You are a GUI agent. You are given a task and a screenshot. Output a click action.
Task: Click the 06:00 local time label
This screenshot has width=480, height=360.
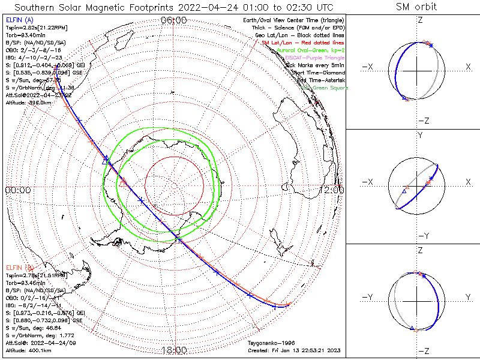click(x=174, y=20)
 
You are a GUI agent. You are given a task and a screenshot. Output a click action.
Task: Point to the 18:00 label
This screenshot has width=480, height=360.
click(x=174, y=350)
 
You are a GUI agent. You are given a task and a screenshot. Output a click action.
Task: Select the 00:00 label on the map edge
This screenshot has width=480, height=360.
click(x=17, y=190)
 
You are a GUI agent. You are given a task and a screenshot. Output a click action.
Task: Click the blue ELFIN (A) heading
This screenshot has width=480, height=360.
click(x=22, y=21)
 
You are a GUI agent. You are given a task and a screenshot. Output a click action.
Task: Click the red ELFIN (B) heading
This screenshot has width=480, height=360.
click(x=22, y=267)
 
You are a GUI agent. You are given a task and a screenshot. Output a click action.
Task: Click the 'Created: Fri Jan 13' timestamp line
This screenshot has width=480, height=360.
click(x=294, y=350)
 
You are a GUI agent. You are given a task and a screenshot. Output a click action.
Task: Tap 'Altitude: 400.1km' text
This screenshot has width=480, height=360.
click(x=29, y=350)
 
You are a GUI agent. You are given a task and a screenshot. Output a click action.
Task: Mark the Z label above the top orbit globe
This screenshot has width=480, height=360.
click(x=420, y=20)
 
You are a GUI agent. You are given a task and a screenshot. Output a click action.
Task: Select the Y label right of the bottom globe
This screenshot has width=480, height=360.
click(x=467, y=297)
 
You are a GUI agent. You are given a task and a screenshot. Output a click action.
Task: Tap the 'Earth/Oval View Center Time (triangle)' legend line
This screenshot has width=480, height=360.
click(x=292, y=21)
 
